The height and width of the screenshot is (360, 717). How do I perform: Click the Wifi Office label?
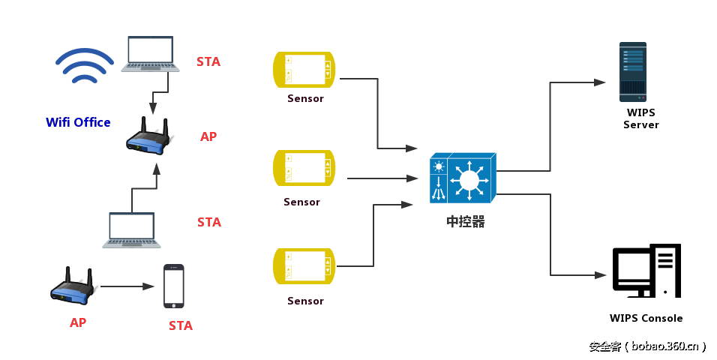(78, 122)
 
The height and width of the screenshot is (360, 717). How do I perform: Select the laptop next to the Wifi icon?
(151, 54)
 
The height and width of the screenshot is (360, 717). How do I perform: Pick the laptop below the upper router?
(132, 229)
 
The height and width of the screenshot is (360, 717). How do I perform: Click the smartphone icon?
(174, 286)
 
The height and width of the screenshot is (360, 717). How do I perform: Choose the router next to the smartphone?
(72, 286)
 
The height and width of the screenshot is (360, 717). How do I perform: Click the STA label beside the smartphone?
(181, 325)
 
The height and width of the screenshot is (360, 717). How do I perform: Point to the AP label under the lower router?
(78, 322)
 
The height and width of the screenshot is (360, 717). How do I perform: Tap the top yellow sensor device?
(304, 68)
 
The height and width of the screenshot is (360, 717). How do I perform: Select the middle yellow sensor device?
(304, 167)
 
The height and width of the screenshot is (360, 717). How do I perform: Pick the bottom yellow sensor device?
(304, 266)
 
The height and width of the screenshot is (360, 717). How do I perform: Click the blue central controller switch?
(462, 178)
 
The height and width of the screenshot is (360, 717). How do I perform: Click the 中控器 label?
(466, 222)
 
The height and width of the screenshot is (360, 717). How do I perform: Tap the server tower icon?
(632, 72)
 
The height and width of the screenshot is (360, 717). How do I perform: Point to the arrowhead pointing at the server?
(600, 82)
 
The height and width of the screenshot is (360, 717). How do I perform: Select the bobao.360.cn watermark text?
(647, 346)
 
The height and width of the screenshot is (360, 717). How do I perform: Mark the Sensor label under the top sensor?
(305, 98)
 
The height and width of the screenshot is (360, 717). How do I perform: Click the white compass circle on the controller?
(469, 180)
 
